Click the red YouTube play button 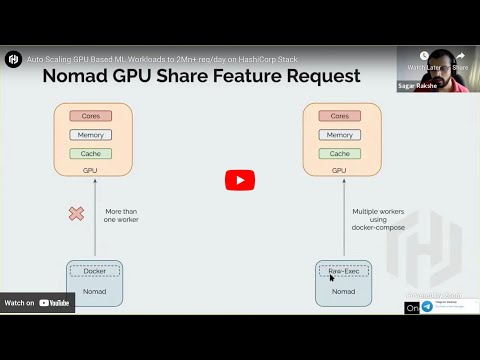239,180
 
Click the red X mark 76,213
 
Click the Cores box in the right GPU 340,116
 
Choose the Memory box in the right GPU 340,135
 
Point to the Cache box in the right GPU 340,154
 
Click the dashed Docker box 94,271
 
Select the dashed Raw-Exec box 344,271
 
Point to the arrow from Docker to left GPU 95,215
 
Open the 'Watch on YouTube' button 39,302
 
